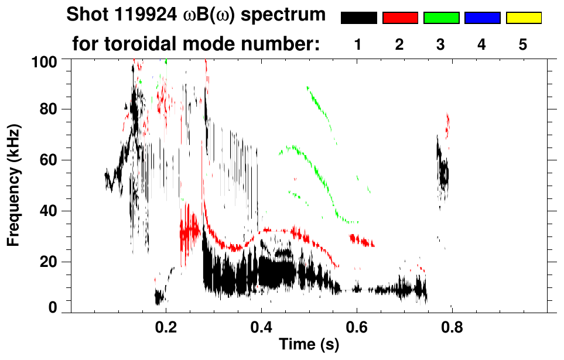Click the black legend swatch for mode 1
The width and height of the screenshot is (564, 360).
coord(358,18)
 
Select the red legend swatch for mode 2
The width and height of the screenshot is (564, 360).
coord(400,18)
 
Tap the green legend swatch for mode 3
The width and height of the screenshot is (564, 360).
coord(441,18)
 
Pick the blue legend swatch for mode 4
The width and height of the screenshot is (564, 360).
coord(482,18)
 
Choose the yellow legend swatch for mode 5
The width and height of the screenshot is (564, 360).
coord(523,18)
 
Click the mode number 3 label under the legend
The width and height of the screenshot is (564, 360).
coord(441,44)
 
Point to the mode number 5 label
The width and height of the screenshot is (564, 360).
coord(523,44)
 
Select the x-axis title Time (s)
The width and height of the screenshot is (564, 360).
coord(309,345)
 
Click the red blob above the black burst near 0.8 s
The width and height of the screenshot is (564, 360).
coord(448,124)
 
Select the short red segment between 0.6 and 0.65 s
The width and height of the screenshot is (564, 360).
coord(362,240)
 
